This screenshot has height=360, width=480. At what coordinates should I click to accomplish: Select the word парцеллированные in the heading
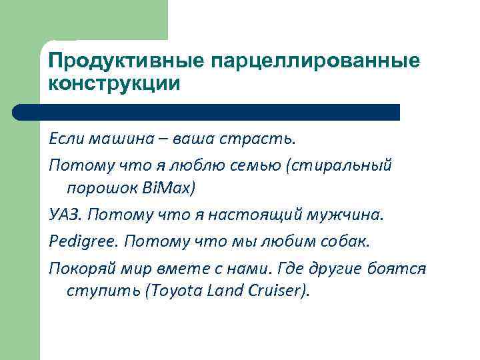[x=316, y=61]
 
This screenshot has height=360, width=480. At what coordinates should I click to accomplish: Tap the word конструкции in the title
[x=114, y=84]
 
